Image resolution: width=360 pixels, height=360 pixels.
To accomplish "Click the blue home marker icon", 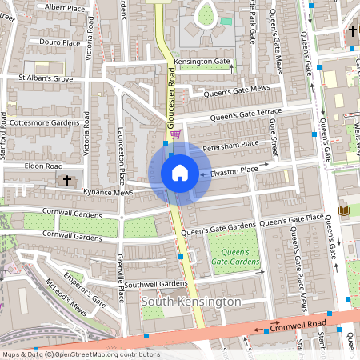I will (180, 173).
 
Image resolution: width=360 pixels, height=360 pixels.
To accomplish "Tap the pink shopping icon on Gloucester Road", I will (176, 135).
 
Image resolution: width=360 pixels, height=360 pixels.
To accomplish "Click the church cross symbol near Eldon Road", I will (67, 180).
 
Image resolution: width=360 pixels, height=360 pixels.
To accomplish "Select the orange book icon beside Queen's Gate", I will (345, 210).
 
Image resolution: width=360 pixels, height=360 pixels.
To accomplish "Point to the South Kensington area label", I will (190, 302).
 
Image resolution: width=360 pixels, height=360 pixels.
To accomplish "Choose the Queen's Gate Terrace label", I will (246, 116).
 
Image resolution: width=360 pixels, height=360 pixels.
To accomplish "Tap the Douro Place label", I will (60, 42).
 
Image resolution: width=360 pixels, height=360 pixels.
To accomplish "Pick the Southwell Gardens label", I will (155, 284).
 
